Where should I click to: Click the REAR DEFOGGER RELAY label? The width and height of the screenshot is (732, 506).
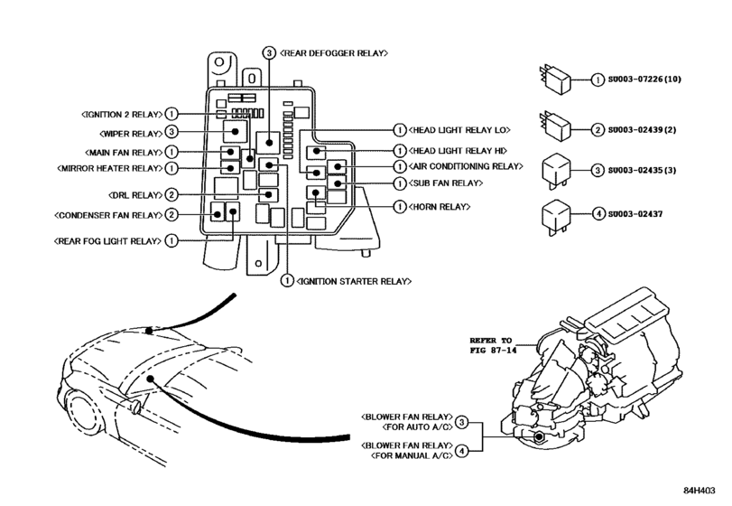[335, 53]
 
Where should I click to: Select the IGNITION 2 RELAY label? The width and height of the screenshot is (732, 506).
[121, 115]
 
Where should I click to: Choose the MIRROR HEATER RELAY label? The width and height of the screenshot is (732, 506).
[109, 168]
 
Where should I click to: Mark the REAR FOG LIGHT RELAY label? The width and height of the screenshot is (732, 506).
[109, 241]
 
